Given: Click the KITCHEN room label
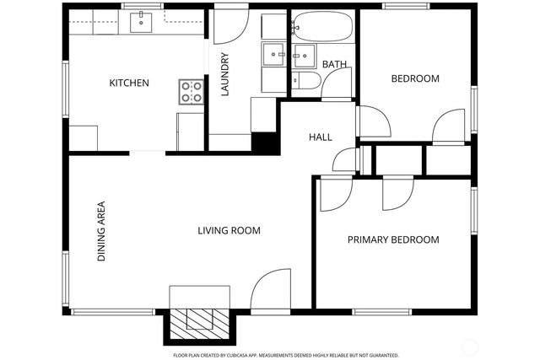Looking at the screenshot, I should tap(129, 83).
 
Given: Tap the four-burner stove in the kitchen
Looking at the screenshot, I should tap(191, 91).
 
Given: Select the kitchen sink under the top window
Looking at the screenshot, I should tap(141, 22).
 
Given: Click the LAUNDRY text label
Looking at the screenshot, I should tap(225, 75).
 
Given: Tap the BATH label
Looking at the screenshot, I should tap(334, 64).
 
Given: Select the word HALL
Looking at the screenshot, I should tap(320, 137).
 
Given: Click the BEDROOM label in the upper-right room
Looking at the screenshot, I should tap(415, 78).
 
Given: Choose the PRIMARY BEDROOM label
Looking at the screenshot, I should tap(393, 239).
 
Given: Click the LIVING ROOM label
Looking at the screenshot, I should tap(229, 230).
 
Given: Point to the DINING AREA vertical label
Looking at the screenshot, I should tap(100, 230).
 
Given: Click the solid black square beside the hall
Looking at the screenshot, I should tap(267, 143).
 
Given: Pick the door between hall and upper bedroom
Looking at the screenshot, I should tap(375, 122).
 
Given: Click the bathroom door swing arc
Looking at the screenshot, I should tap(337, 84).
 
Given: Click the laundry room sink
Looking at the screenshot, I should tap(273, 56).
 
